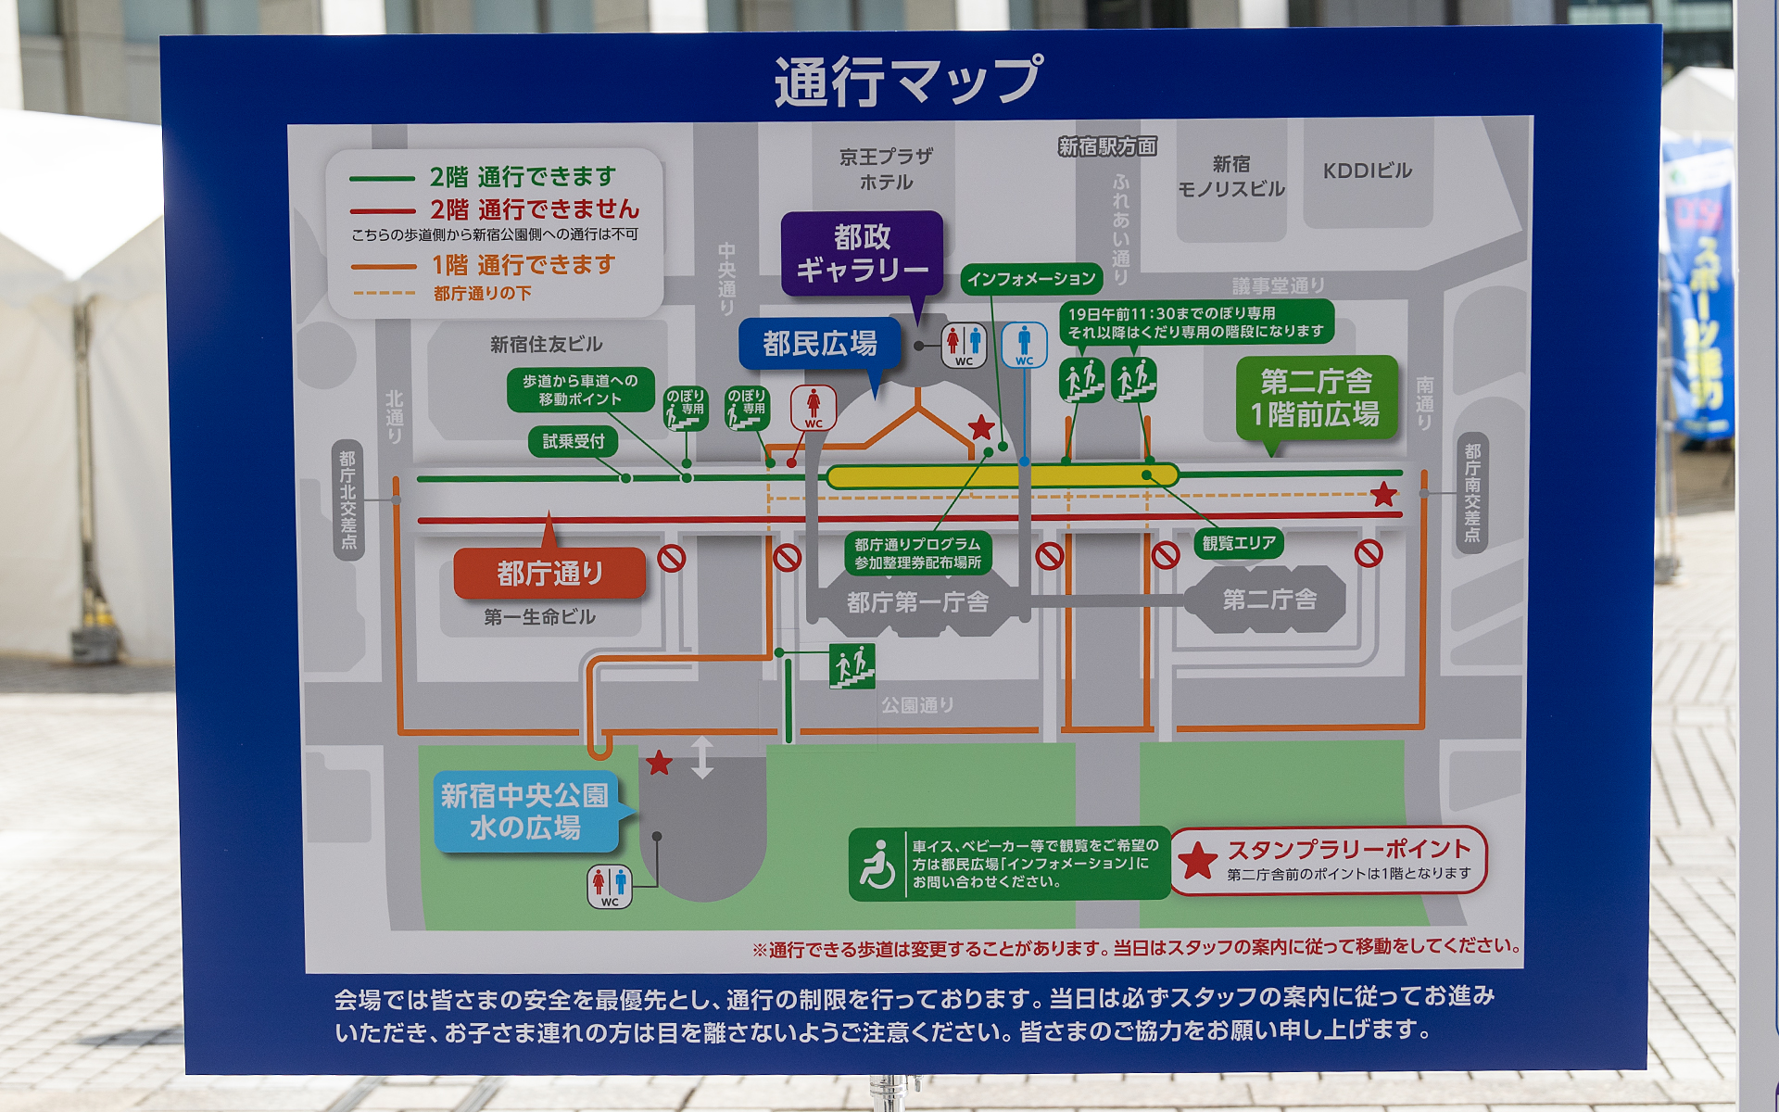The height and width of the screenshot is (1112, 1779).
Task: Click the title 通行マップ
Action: pyautogui.click(x=908, y=81)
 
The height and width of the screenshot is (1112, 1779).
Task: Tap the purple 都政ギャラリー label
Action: pyautogui.click(x=862, y=253)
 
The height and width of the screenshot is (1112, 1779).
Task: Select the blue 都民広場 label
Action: pyautogui.click(x=819, y=344)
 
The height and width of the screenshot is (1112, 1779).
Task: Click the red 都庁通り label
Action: pyautogui.click(x=549, y=573)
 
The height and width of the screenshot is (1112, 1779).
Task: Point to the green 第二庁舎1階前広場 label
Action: pyautogui.click(x=1316, y=398)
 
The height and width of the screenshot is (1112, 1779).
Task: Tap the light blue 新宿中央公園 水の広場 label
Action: pyautogui.click(x=524, y=811)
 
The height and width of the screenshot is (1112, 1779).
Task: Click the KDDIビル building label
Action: pyautogui.click(x=1367, y=171)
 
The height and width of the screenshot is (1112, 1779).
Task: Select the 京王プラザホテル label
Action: pyautogui.click(x=886, y=170)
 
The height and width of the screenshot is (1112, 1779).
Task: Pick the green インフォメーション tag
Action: pyautogui.click(x=1031, y=278)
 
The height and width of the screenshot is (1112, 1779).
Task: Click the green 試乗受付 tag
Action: pyautogui.click(x=574, y=441)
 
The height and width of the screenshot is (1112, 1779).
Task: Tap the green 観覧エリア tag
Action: pyautogui.click(x=1239, y=543)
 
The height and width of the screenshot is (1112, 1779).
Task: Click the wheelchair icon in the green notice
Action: pyautogui.click(x=877, y=864)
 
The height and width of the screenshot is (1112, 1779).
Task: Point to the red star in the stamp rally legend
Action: pyautogui.click(x=1197, y=861)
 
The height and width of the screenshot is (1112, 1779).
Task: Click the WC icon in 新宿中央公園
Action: pyautogui.click(x=610, y=886)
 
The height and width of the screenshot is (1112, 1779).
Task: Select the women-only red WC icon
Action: pyautogui.click(x=813, y=408)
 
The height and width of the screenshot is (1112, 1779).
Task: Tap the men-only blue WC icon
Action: pyautogui.click(x=1024, y=345)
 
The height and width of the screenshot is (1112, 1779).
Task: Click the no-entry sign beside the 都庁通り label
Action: pyautogui.click(x=672, y=558)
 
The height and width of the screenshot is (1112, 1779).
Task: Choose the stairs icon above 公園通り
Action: pyautogui.click(x=852, y=665)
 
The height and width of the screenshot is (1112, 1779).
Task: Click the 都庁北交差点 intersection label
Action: pyautogui.click(x=348, y=499)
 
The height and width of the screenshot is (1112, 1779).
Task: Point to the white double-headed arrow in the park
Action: pyautogui.click(x=702, y=757)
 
